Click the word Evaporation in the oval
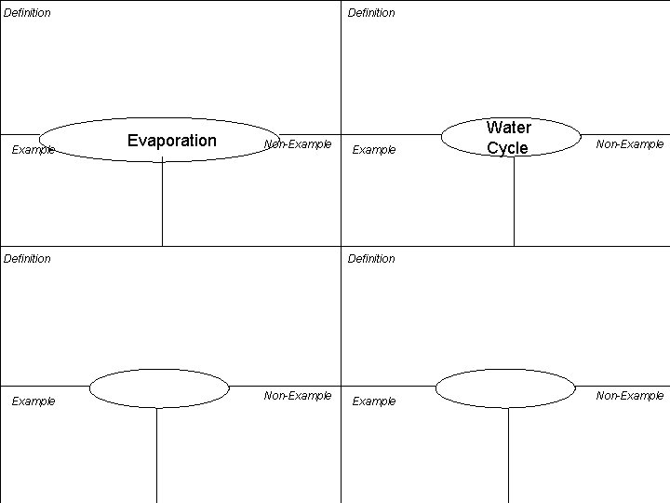[171, 141]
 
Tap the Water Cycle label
[509, 138]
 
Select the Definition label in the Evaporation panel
[27, 13]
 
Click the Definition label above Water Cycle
[371, 13]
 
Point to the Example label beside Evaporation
[33, 150]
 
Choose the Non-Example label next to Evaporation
[298, 144]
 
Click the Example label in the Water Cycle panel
[373, 150]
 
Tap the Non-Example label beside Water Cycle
[630, 144]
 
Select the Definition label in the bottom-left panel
[27, 259]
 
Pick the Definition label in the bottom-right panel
[371, 259]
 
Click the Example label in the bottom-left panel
[33, 401]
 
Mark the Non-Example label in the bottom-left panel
[298, 396]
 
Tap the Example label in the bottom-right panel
[373, 401]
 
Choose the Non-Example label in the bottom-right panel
[630, 396]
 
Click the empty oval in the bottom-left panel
[159, 388]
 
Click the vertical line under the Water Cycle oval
[514, 201]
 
